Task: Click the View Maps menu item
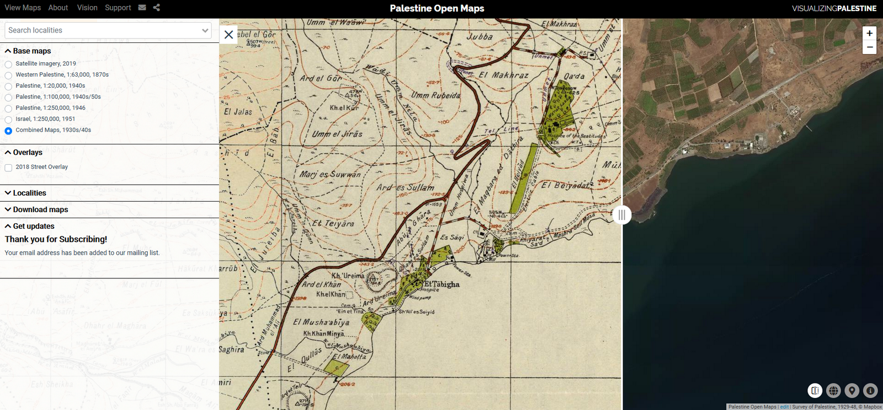tap(23, 8)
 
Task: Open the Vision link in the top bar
tap(87, 8)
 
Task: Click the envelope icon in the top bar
tap(142, 8)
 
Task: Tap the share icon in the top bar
tap(157, 8)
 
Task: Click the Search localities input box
tap(103, 30)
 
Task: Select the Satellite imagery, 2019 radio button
tap(8, 64)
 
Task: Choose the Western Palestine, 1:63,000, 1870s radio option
tap(8, 75)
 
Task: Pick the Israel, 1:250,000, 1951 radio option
tap(8, 120)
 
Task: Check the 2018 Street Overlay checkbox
tap(8, 168)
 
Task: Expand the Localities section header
tap(30, 193)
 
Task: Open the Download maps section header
tap(40, 209)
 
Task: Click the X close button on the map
tap(228, 35)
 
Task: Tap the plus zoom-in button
tap(869, 34)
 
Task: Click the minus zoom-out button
tap(869, 47)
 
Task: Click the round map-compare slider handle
tap(622, 215)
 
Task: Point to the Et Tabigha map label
tap(441, 284)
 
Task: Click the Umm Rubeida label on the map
tap(435, 95)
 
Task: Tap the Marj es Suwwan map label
tap(330, 175)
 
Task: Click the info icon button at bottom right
tap(870, 391)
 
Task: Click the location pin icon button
tap(852, 391)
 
